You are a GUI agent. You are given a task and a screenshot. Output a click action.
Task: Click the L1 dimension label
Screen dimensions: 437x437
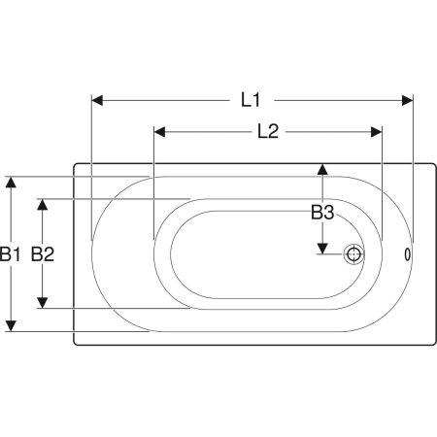(251, 100)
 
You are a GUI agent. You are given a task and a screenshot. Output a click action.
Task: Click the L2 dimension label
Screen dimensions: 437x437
(268, 131)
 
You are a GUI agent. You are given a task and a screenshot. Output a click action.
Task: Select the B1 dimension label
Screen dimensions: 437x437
(10, 253)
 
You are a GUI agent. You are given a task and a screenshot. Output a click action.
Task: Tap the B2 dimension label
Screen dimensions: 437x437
(43, 253)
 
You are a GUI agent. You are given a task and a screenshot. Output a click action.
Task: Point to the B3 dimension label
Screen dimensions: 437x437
(322, 213)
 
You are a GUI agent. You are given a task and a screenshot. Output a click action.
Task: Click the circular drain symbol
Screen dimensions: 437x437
(353, 254)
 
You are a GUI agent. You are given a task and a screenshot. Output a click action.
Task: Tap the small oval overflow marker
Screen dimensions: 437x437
(408, 254)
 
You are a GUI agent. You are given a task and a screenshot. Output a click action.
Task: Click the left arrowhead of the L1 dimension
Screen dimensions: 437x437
(97, 100)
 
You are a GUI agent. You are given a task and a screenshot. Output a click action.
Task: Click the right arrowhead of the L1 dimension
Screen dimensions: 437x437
(408, 100)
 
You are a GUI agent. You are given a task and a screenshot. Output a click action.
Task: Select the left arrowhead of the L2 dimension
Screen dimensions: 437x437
(159, 132)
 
